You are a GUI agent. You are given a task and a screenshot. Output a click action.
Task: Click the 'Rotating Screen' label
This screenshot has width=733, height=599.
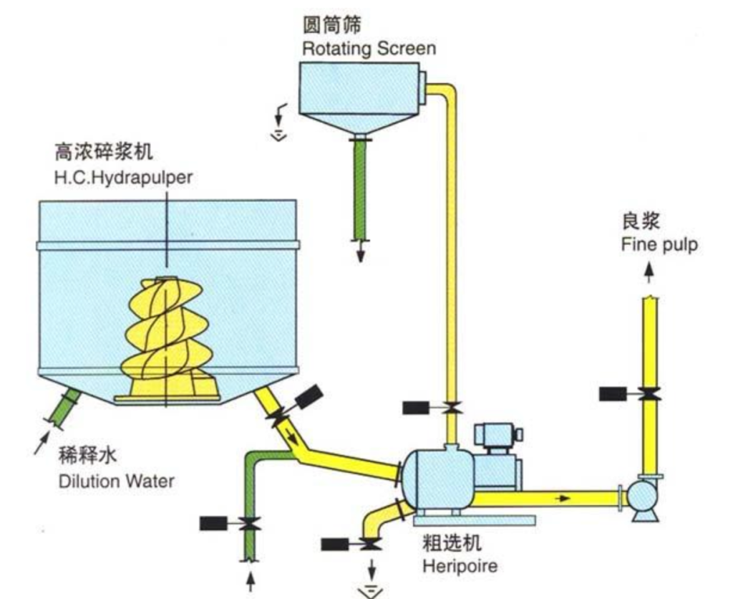[x=368, y=49]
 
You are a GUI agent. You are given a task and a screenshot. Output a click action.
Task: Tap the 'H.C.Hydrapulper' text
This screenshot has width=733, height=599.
[x=123, y=177]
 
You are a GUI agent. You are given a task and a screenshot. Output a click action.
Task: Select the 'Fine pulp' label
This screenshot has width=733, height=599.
[x=659, y=245]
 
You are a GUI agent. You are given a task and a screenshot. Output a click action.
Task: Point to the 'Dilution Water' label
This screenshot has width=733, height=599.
[x=116, y=480]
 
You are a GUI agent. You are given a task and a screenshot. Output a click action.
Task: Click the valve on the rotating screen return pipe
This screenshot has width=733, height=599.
[x=451, y=408]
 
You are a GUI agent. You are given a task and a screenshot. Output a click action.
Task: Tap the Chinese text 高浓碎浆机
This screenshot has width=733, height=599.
[x=104, y=153]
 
